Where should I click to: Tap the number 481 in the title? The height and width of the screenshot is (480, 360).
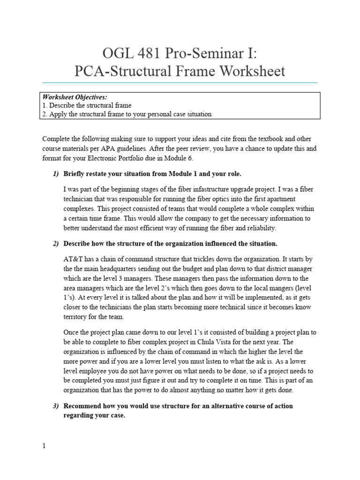(148, 52)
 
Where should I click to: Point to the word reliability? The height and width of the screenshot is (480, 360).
(260, 228)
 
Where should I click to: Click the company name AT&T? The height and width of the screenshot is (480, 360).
(73, 258)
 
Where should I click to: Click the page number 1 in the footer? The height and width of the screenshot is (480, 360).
(44, 446)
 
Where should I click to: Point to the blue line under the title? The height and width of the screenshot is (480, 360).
(180, 83)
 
